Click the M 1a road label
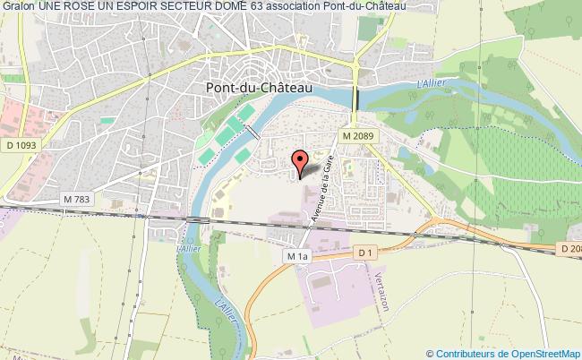(x=297, y=256)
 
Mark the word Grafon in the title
(x=17, y=6)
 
